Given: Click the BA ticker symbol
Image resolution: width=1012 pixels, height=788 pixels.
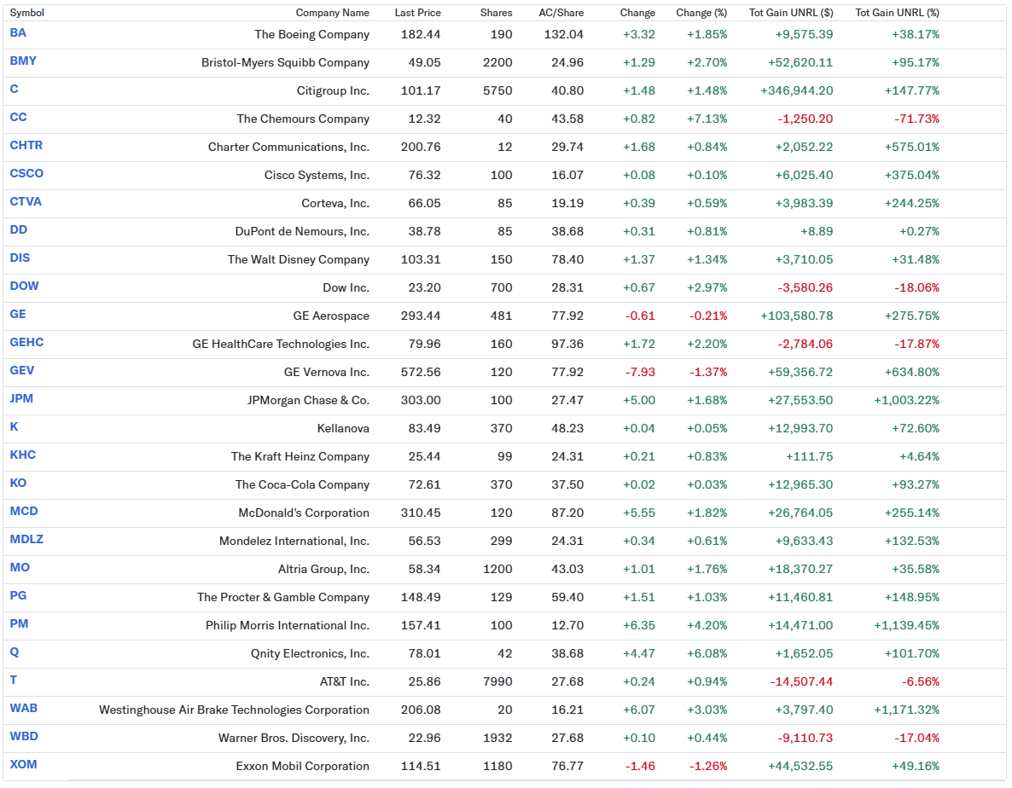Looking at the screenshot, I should click(18, 32).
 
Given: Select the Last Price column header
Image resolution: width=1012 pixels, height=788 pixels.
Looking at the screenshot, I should click(417, 13).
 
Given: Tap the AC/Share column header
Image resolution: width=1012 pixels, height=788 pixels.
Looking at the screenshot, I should click(561, 13).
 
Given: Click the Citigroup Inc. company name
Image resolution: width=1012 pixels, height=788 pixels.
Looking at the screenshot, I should click(333, 90).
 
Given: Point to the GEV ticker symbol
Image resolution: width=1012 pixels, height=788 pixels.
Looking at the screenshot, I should click(22, 370).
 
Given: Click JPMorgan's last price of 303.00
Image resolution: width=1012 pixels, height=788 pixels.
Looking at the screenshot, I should click(421, 400).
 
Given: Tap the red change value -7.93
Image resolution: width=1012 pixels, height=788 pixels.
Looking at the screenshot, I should click(640, 372).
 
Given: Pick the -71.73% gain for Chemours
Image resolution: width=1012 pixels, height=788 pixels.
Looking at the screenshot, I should click(916, 119).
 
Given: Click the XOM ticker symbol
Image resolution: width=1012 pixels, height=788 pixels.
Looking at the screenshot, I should click(23, 764).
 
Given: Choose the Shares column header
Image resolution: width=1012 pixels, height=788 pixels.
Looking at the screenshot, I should click(496, 13).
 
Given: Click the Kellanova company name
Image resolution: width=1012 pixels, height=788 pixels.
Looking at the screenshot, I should click(343, 428).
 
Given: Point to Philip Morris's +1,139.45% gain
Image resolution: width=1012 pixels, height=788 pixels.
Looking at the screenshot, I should click(906, 625).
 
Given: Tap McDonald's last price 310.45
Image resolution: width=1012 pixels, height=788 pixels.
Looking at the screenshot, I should click(421, 513).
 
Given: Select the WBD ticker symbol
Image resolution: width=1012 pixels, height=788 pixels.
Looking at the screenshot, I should click(24, 736).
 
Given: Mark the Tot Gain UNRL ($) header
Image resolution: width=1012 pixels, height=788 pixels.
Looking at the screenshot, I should click(790, 13).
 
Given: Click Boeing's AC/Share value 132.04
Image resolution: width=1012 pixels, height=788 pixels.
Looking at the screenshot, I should click(563, 34).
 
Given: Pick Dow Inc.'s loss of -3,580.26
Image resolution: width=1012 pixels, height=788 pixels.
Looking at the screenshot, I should click(805, 287).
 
